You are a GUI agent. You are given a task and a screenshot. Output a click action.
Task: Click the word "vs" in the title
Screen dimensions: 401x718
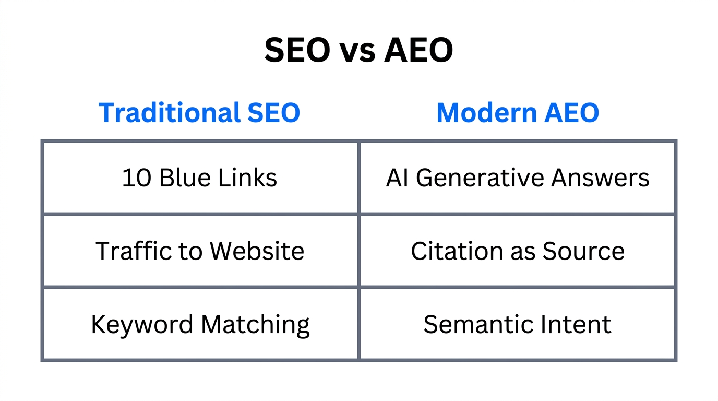[358, 51]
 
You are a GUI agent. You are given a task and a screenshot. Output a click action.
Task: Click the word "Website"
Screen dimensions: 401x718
[257, 251]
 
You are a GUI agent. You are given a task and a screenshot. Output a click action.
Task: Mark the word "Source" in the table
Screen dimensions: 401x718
[583, 251]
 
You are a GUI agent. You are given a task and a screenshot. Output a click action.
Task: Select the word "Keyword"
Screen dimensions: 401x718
[142, 325]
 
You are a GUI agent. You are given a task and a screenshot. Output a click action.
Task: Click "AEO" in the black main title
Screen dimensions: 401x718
[418, 51]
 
